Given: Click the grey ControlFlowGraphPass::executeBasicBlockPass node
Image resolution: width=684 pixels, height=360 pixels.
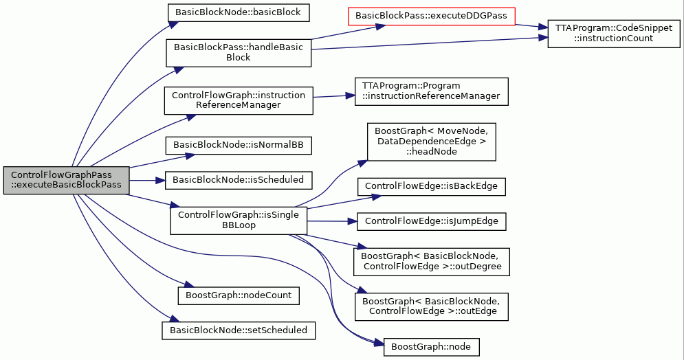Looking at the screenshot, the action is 66,180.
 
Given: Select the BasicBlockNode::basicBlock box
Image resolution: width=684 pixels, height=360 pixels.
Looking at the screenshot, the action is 238,12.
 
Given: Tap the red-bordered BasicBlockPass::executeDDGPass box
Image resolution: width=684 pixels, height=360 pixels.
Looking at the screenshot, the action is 431,16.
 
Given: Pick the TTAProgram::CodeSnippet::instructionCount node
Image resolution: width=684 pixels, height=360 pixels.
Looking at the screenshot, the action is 614,33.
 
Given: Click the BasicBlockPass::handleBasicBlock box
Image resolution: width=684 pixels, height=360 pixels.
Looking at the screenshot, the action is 238,53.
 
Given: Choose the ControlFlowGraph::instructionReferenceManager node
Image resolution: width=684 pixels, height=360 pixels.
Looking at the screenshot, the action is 238,101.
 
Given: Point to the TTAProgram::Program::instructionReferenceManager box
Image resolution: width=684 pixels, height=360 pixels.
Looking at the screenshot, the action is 431,91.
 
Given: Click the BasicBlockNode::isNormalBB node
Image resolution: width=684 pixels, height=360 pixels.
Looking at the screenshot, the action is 238,145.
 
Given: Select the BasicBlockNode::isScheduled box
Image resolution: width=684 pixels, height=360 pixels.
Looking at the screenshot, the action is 238,180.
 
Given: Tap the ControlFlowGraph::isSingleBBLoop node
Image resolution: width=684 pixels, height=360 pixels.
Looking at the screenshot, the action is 238,221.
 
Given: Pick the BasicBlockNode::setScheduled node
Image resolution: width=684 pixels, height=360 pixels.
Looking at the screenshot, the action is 238,330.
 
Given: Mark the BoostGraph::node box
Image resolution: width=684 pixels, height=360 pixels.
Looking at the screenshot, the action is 431,347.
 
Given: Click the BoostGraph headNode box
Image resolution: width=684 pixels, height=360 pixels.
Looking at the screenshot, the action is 431,142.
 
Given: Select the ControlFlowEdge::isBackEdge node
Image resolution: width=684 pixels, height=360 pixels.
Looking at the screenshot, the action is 431,187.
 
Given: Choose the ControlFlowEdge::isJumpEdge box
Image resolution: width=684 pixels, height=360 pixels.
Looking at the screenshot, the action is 431,221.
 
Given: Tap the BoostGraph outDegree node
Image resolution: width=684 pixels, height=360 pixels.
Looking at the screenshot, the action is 431,262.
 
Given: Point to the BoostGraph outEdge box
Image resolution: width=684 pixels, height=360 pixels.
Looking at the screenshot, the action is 431,307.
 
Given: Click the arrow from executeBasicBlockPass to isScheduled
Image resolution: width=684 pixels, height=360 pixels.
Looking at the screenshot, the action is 147,180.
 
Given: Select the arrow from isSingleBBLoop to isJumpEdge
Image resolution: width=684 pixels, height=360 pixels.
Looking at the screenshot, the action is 332,221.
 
